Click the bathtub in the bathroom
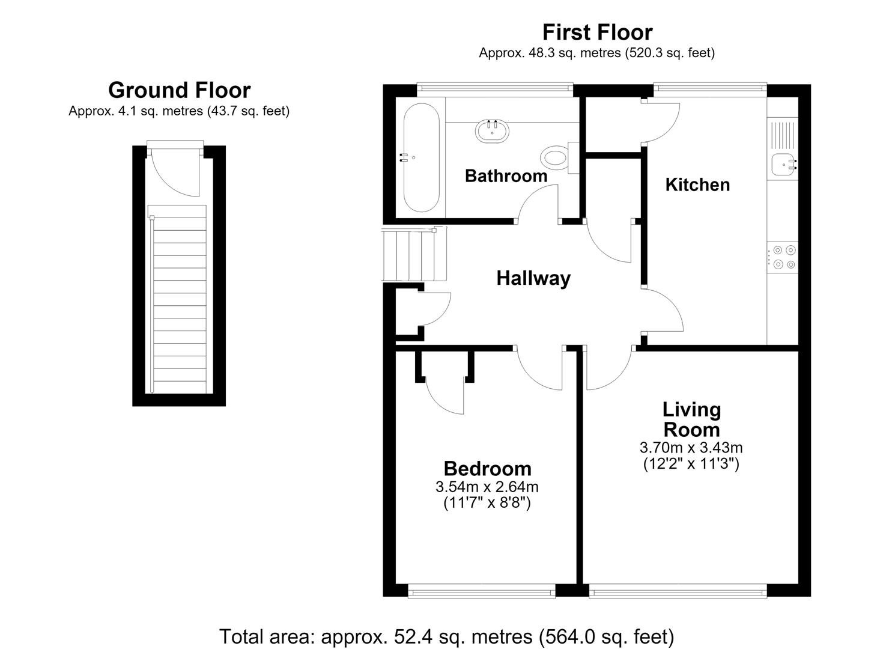422,157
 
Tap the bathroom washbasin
492,131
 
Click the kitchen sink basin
784,165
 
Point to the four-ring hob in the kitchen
783,257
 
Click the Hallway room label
533,278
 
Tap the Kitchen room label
697,185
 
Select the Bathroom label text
506,175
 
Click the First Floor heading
597,32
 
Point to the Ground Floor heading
180,90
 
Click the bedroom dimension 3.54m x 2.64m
487,487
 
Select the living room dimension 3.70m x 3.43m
691,448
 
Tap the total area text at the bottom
446,636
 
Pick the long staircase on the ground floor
178,299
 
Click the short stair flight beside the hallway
414,254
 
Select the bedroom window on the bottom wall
482,592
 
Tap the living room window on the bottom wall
678,592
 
